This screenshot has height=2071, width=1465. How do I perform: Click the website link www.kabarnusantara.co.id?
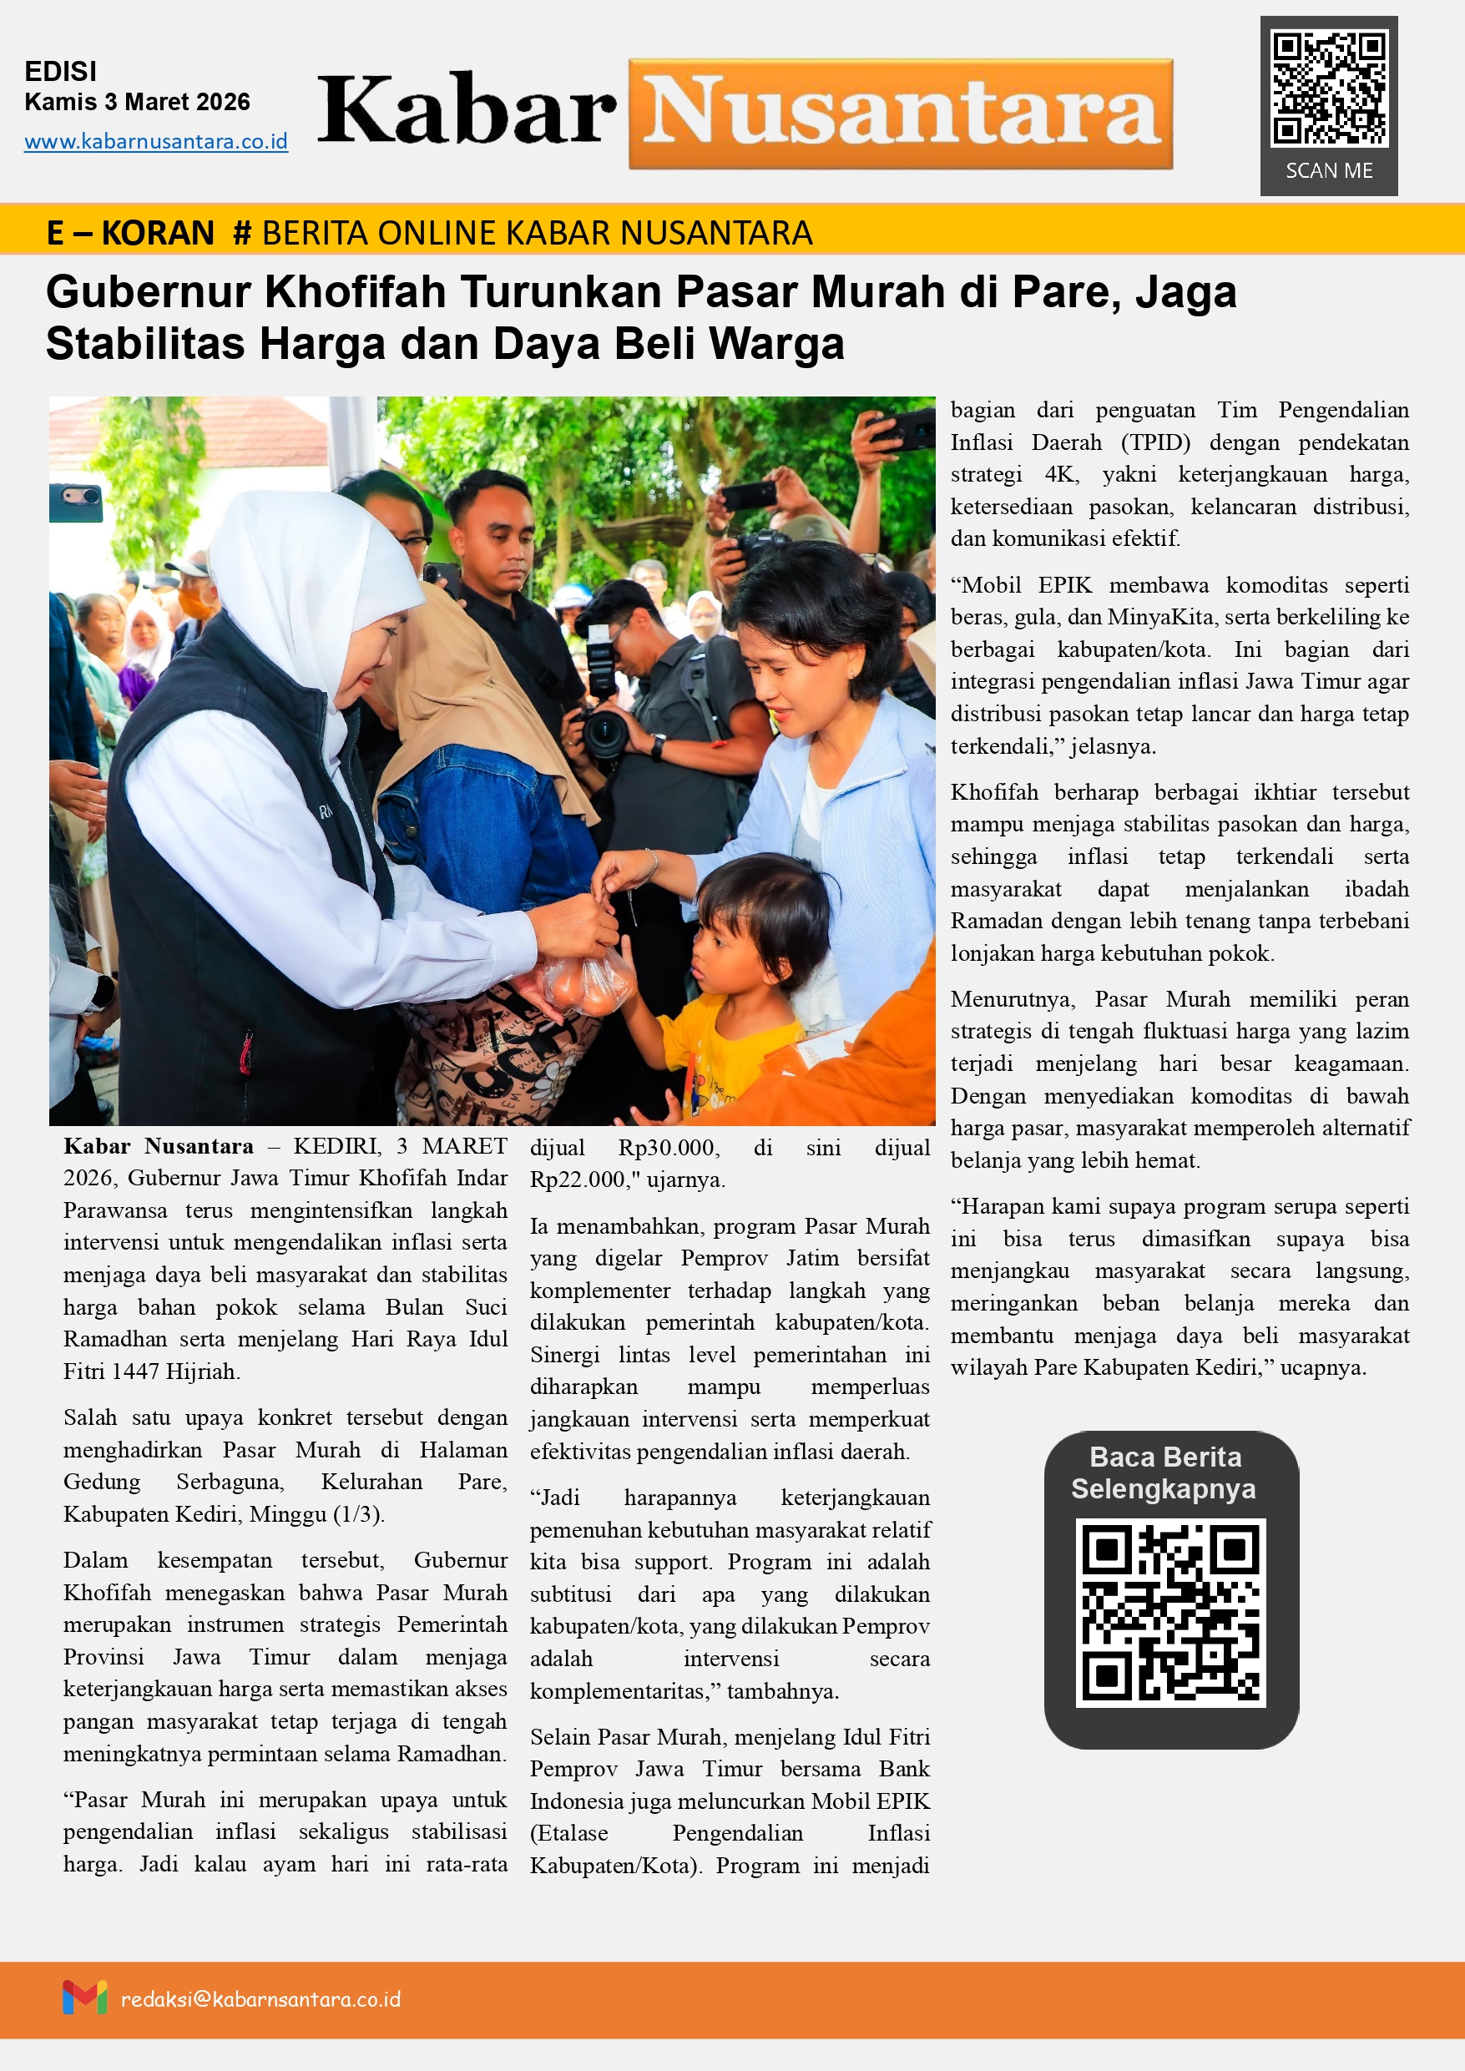pos(155,142)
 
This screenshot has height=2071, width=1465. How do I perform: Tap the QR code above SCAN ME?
pos(1329,88)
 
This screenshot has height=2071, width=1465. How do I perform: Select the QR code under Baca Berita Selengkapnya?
pos(1171,1613)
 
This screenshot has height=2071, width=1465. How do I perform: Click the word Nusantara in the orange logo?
pos(901,114)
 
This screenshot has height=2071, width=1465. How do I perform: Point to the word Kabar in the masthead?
pos(467,112)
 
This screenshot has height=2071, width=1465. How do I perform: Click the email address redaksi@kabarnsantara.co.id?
pos(260,1999)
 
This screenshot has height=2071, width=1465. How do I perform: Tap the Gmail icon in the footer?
pos(85,1997)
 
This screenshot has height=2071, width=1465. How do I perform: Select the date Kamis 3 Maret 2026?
pos(137,102)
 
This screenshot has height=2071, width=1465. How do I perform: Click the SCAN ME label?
pos(1329,170)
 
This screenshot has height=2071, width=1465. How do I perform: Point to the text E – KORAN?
pos(130,233)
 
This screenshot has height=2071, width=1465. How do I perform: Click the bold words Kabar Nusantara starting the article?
pos(159,1146)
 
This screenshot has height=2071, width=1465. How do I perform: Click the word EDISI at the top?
pos(60,71)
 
